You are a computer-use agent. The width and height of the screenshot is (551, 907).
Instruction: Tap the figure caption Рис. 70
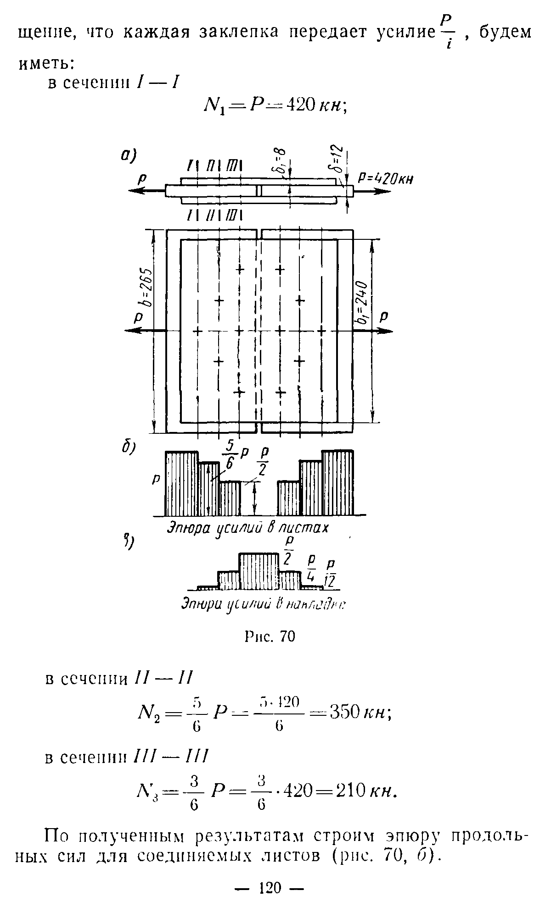pyautogui.click(x=270, y=636)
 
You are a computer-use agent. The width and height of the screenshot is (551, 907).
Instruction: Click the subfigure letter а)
pyautogui.click(x=128, y=155)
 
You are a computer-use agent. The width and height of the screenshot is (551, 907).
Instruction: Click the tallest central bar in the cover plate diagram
pyautogui.click(x=259, y=571)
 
